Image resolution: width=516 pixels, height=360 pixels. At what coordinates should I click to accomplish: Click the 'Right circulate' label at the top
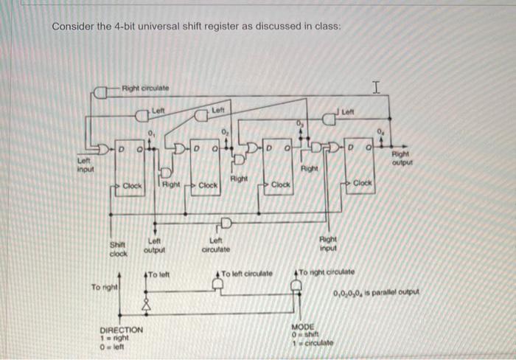point(145,89)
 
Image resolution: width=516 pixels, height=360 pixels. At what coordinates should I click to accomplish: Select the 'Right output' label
point(400,158)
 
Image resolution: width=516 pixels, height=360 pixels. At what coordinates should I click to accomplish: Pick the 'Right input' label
point(328,244)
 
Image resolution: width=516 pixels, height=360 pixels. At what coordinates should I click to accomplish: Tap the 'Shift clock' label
point(118,249)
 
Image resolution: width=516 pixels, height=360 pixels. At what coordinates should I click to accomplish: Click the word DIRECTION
point(122,329)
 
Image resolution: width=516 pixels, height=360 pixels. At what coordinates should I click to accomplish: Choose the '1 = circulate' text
point(313,342)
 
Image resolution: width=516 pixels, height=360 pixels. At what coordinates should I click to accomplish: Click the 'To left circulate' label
point(247,274)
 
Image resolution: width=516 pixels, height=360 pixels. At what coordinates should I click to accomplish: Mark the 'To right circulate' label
point(327,272)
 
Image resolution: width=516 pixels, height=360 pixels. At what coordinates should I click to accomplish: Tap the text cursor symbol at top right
point(376,89)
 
